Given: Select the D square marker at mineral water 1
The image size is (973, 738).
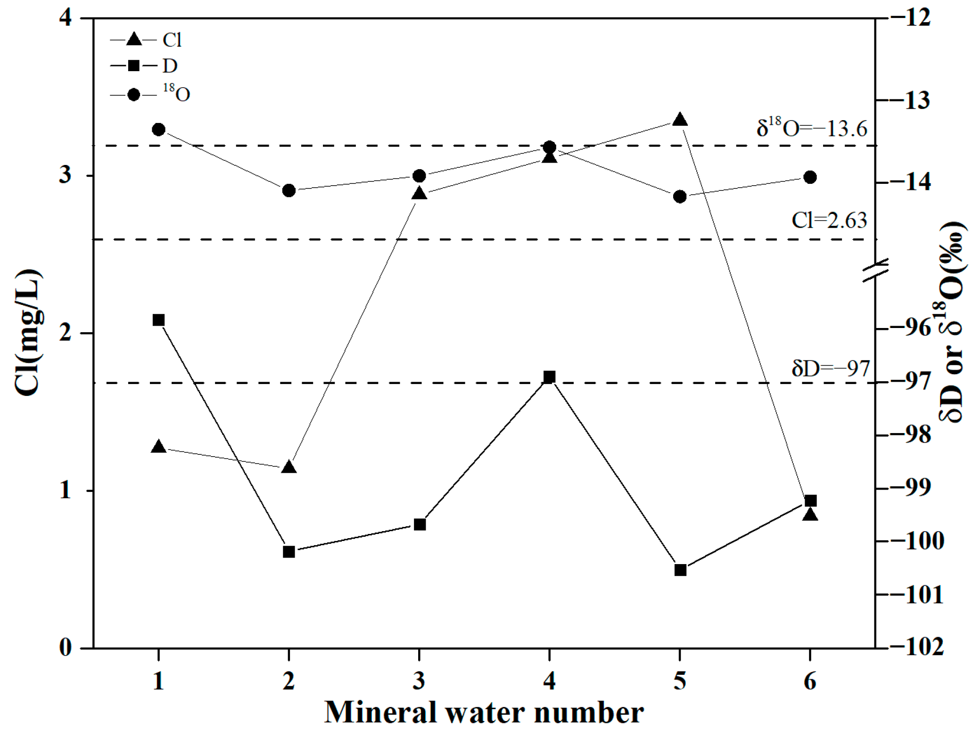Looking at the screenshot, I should point(159,320).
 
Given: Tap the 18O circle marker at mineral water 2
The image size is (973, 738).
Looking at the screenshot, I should point(289,191).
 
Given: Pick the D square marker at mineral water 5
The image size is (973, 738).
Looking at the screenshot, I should point(680,570).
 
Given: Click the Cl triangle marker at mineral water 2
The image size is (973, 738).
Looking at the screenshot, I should point(289,467).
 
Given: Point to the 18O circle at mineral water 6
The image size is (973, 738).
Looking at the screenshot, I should point(810,177).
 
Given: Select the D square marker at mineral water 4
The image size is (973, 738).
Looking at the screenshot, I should point(549,377).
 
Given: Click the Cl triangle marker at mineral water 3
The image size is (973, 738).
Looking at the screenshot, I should point(419,194).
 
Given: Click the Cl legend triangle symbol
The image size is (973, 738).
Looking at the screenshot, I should point(134,40).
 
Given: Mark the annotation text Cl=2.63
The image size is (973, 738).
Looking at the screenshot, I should point(829,221).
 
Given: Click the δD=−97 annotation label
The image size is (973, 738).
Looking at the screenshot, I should point(830,368).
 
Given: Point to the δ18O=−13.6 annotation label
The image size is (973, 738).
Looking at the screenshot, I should point(811,128).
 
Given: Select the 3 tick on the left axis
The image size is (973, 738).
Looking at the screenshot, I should point(66,175).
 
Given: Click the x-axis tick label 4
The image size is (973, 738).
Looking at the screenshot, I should point(549,681).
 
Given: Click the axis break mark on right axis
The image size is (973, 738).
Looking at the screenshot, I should point(875,271).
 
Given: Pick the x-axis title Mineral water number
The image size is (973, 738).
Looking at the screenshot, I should point(484,713).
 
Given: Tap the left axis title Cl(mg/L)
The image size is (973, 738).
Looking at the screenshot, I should point(27,333).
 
